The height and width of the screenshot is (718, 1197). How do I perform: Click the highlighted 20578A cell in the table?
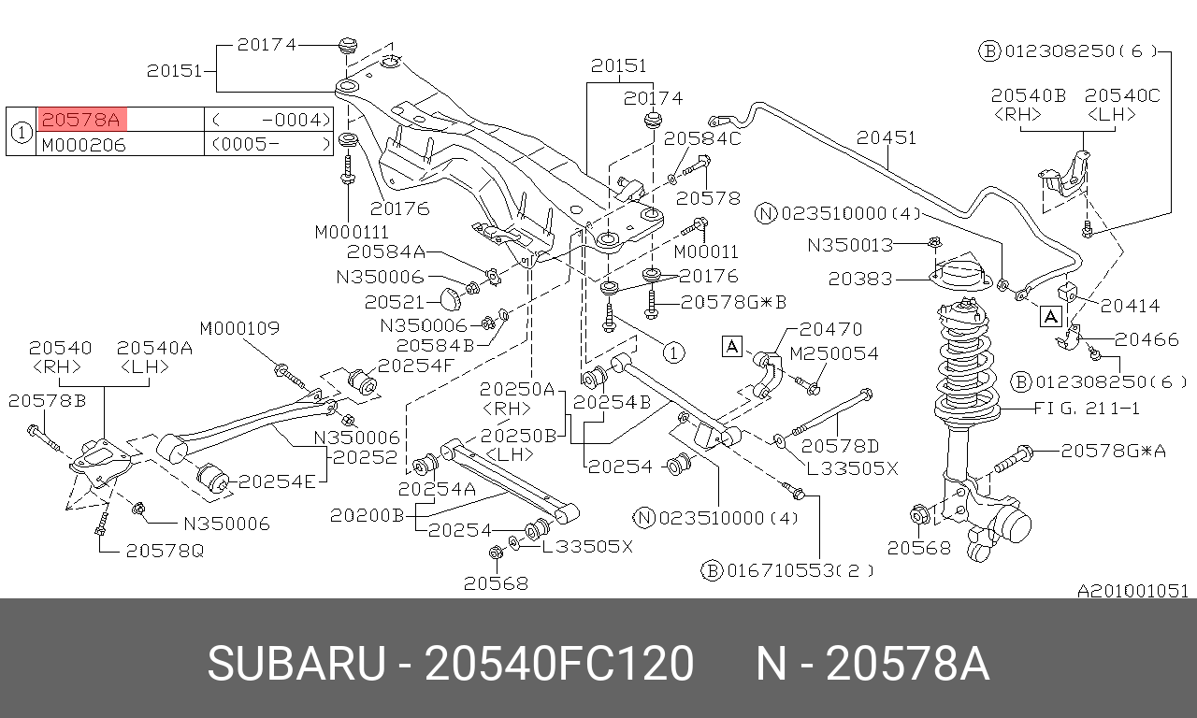pyautogui.click(x=81, y=120)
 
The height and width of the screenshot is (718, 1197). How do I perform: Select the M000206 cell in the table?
pyautogui.click(x=84, y=144)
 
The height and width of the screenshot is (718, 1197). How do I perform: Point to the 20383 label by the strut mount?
pyautogui.click(x=859, y=279)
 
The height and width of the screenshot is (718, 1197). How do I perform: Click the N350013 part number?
pyautogui.click(x=850, y=245)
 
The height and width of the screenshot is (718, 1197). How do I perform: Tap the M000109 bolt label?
pyautogui.click(x=239, y=328)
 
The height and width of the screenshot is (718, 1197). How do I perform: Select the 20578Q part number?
pyautogui.click(x=164, y=551)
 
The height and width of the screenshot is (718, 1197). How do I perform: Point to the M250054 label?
pyautogui.click(x=833, y=353)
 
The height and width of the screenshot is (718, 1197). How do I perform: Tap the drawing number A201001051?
pyautogui.click(x=1132, y=591)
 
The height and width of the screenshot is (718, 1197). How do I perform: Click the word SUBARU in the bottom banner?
pyautogui.click(x=296, y=664)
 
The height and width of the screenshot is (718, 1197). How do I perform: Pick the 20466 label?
pyautogui.click(x=1146, y=339)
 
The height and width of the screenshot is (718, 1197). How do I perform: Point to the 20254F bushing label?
pyautogui.click(x=414, y=365)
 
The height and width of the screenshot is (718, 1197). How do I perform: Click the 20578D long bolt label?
pyautogui.click(x=840, y=446)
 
